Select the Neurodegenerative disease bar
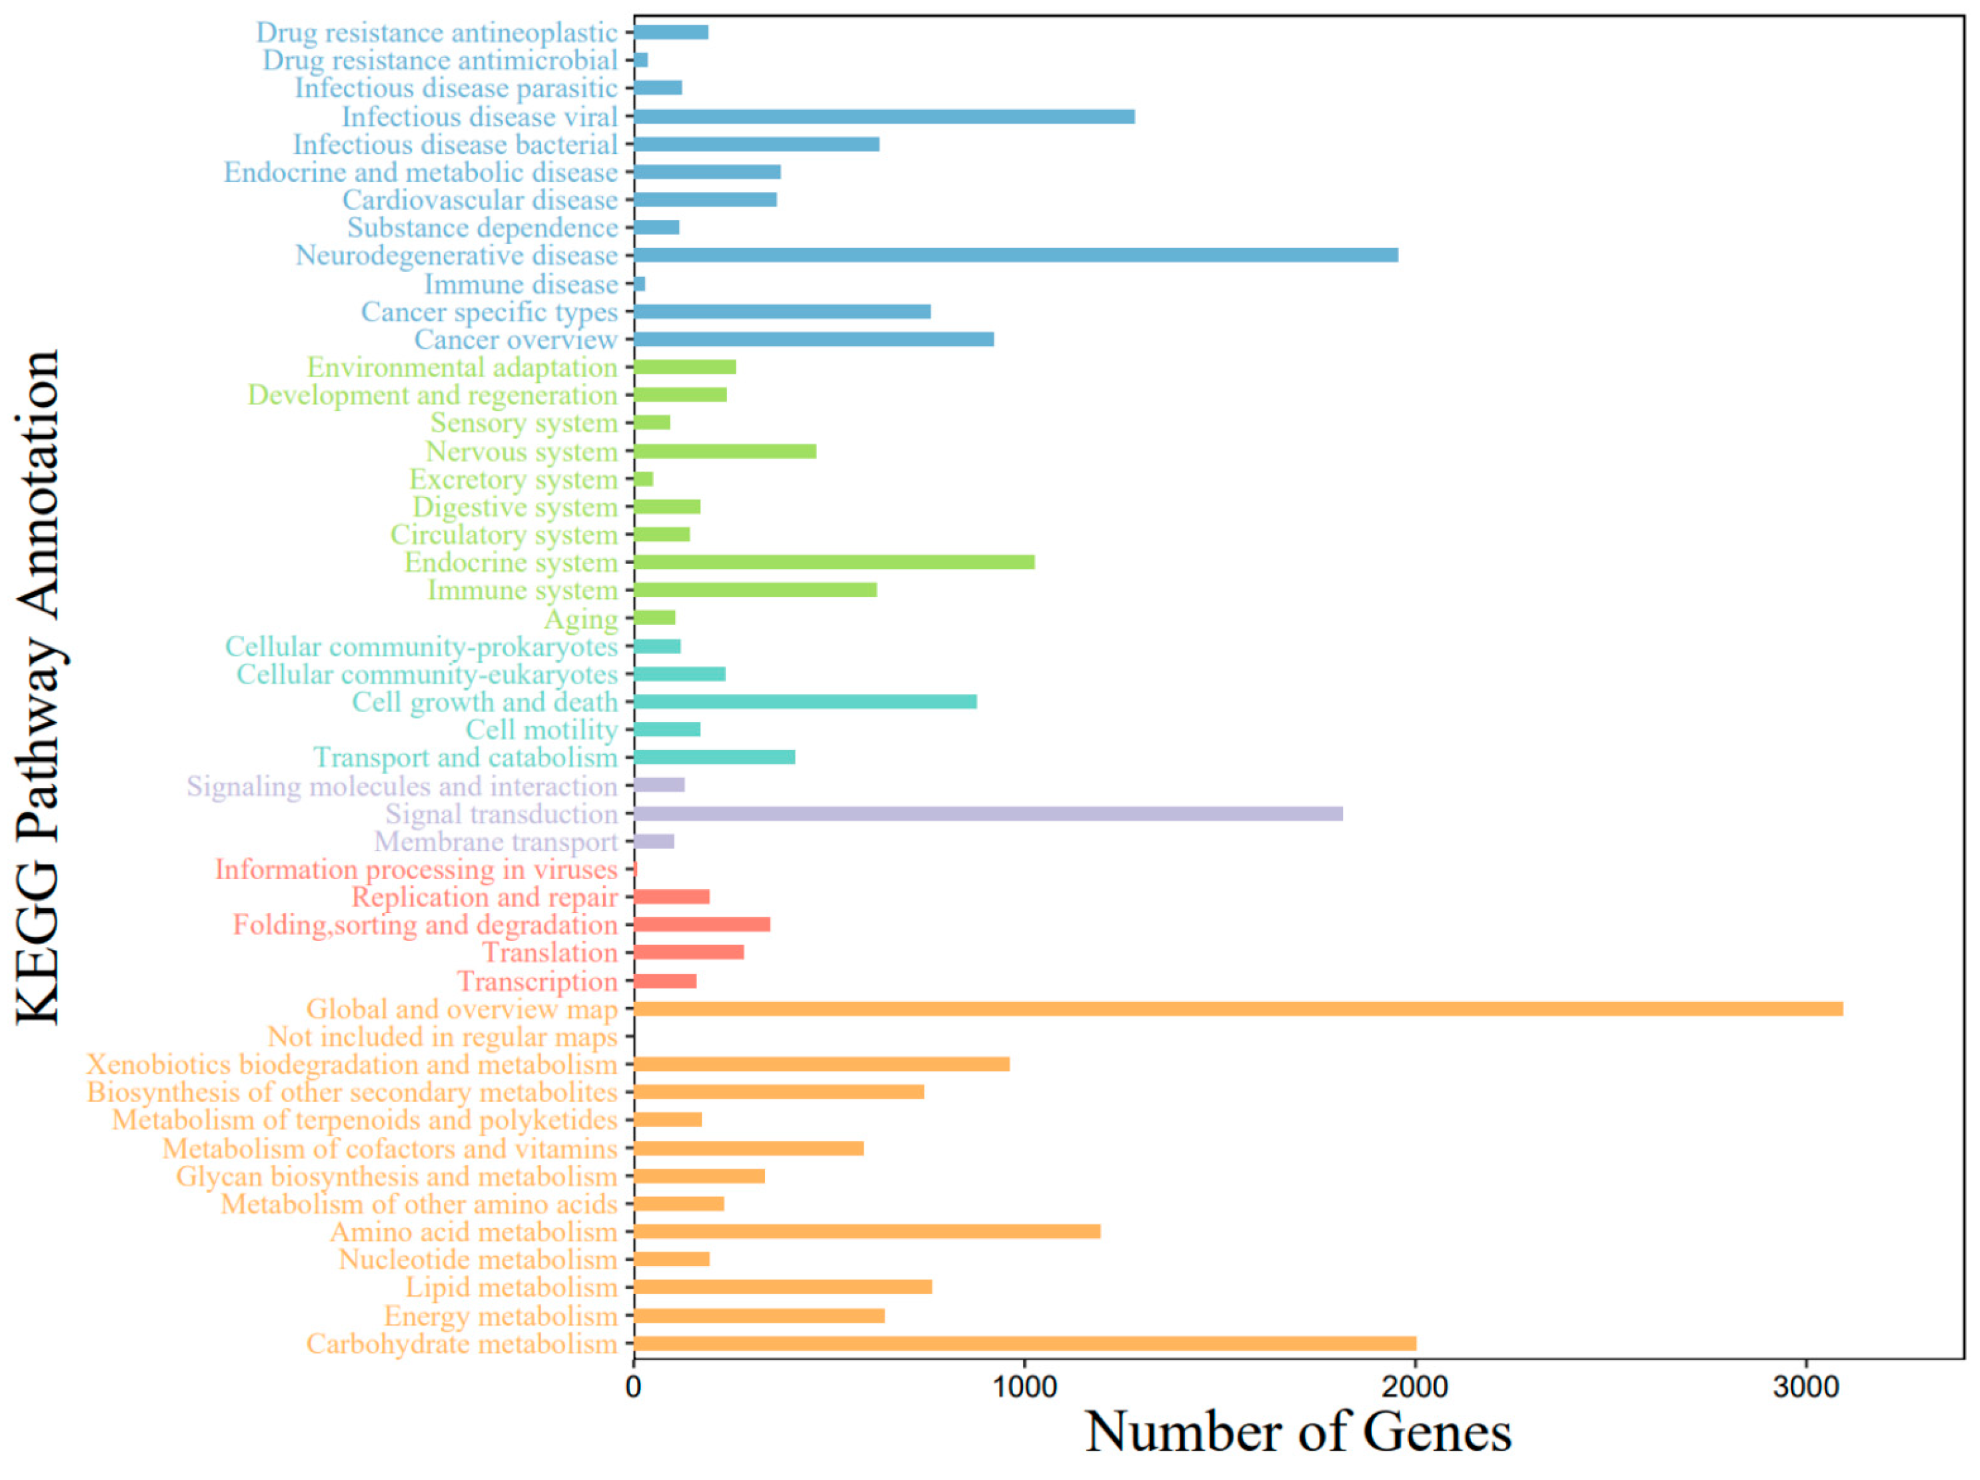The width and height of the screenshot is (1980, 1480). point(1015,255)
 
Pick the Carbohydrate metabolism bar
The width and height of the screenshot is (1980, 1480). point(1024,1343)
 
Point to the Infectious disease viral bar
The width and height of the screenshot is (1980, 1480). point(884,117)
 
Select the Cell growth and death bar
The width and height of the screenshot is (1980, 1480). point(804,701)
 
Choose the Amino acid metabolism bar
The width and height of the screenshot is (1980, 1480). point(866,1232)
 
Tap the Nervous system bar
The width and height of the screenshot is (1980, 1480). point(724,451)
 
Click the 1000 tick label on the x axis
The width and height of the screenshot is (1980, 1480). point(1024,1387)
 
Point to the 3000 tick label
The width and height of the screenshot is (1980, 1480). point(1805,1387)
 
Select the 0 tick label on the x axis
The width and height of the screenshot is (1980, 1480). point(634,1387)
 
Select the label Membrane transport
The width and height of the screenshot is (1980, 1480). point(495,842)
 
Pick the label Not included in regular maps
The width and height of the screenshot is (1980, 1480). point(443,1037)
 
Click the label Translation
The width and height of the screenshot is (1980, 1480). point(550,953)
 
